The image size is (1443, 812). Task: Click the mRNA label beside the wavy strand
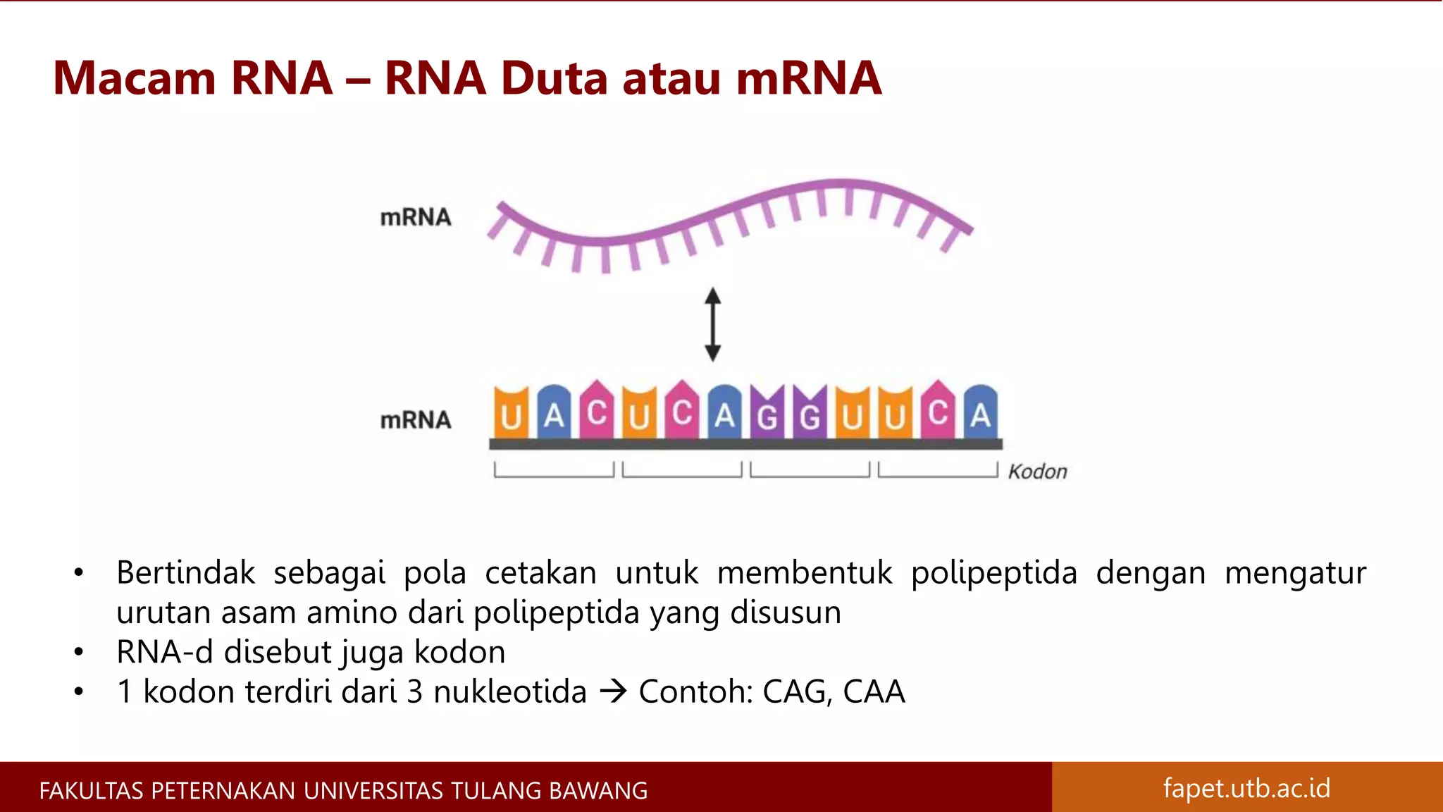[416, 217]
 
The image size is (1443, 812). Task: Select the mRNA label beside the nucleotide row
[416, 420]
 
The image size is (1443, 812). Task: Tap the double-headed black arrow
[713, 324]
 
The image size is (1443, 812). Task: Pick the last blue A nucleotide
[981, 413]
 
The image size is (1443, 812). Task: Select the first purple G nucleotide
[767, 414]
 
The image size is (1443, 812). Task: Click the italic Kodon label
[1037, 472]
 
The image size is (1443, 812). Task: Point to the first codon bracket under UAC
[554, 471]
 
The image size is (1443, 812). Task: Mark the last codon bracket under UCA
[938, 471]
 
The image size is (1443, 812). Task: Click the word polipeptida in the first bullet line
[993, 573]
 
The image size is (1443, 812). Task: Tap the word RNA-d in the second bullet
[164, 652]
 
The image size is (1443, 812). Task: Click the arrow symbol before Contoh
[613, 691]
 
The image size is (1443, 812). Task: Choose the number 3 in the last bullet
[415, 691]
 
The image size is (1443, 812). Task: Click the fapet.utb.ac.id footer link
[1246, 788]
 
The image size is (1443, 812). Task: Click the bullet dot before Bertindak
[79, 573]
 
